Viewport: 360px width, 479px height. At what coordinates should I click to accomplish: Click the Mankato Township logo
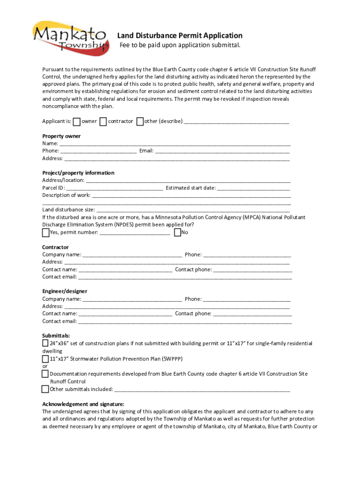71,36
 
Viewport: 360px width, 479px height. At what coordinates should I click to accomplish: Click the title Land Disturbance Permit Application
180,36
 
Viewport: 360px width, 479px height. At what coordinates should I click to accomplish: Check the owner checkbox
77,122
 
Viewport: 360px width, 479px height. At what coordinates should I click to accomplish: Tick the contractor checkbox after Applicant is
103,122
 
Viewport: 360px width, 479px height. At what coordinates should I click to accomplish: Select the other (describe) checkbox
140,122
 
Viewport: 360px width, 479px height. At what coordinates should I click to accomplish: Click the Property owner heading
61,136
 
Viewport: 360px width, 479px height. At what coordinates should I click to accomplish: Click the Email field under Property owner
222,151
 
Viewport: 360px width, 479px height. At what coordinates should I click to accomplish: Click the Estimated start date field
253,188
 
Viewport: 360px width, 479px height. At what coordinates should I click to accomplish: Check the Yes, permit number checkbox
46,232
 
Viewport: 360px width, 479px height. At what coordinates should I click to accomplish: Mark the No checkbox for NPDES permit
177,232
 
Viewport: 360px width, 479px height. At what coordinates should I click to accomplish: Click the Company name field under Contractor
132,254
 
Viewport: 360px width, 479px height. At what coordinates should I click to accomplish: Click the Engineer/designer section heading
65,291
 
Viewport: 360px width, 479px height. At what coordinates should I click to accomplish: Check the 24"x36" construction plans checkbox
45,343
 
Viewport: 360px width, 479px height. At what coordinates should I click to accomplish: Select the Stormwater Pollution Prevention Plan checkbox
45,359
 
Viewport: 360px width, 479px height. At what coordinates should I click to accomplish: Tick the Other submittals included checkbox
45,389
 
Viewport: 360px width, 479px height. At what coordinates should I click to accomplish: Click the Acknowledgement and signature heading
83,404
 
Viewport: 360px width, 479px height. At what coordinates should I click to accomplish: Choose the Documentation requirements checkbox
45,374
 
